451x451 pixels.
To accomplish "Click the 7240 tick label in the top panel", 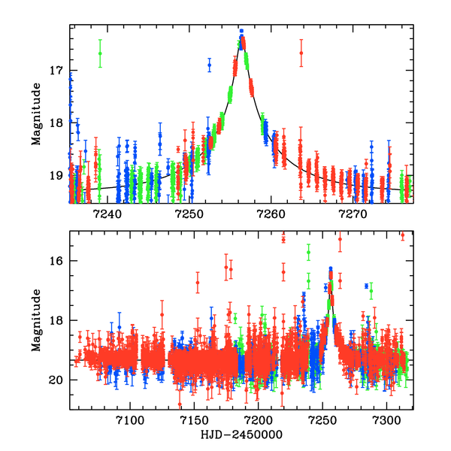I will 107,214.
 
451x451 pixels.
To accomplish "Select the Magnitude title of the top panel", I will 35,113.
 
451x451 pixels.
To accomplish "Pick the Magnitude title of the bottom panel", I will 35,321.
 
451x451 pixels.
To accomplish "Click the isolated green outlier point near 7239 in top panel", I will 100,53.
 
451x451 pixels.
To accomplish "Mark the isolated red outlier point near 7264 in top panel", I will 301,53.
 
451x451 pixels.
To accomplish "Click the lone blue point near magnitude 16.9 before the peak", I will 210,66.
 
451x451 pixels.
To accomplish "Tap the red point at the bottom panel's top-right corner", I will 402,235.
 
